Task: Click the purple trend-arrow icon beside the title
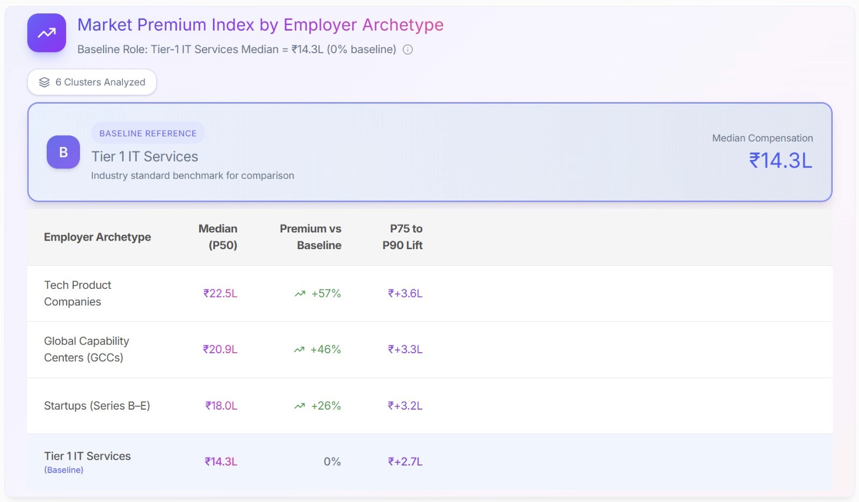click(x=47, y=33)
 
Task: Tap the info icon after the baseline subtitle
click(x=408, y=50)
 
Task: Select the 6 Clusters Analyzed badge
click(x=92, y=82)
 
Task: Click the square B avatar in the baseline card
click(x=63, y=152)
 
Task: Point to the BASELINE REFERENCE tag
click(x=148, y=133)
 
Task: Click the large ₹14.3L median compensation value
click(x=781, y=161)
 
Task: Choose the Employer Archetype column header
click(x=97, y=237)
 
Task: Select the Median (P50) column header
click(x=218, y=237)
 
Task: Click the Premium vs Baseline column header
click(x=311, y=237)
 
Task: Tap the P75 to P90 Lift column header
click(x=403, y=237)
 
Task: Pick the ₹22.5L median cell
click(x=220, y=294)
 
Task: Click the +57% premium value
click(x=326, y=294)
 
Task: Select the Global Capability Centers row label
click(x=86, y=349)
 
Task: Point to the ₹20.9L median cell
click(x=220, y=350)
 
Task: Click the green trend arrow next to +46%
click(x=299, y=350)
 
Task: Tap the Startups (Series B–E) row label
click(x=97, y=406)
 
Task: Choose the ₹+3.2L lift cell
click(x=405, y=406)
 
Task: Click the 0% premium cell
click(x=332, y=462)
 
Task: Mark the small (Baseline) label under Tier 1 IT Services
click(x=64, y=470)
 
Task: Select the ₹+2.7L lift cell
click(x=405, y=462)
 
